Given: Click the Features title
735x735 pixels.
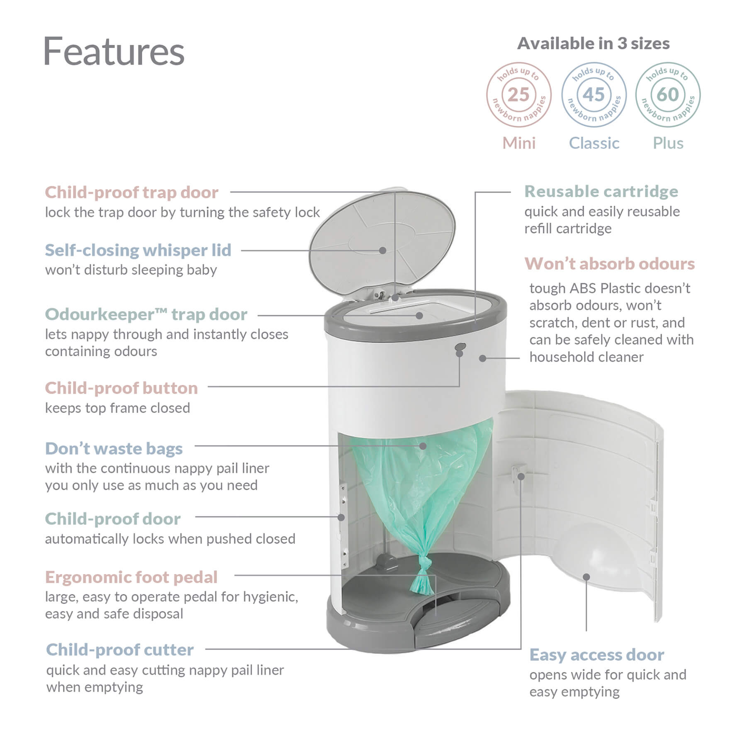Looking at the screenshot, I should (x=113, y=51).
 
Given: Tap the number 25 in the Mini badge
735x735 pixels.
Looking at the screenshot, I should (x=518, y=95).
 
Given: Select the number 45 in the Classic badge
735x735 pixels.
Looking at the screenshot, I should (x=594, y=95).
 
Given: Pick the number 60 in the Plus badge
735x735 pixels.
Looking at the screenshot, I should (x=667, y=95).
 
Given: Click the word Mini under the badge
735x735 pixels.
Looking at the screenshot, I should (x=518, y=143).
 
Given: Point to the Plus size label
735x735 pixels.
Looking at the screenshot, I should (x=667, y=143).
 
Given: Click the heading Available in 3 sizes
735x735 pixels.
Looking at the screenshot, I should (x=593, y=44).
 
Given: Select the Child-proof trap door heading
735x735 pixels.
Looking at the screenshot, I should (x=131, y=192).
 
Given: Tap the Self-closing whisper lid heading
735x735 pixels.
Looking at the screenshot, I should (x=138, y=250).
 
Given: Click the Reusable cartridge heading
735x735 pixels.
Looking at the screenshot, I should (x=601, y=192).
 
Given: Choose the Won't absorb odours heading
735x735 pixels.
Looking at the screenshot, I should (x=609, y=264).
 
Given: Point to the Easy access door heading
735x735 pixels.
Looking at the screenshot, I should (x=596, y=655).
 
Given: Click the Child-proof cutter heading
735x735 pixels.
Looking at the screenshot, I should (x=120, y=650).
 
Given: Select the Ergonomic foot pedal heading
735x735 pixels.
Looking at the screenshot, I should (x=131, y=577).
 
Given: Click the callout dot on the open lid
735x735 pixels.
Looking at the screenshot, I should (x=382, y=251).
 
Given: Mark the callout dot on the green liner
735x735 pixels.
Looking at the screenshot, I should (x=423, y=446).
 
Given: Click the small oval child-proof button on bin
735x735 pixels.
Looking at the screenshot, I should (x=460, y=346).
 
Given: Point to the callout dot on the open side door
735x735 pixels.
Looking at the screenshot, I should (x=586, y=577).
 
